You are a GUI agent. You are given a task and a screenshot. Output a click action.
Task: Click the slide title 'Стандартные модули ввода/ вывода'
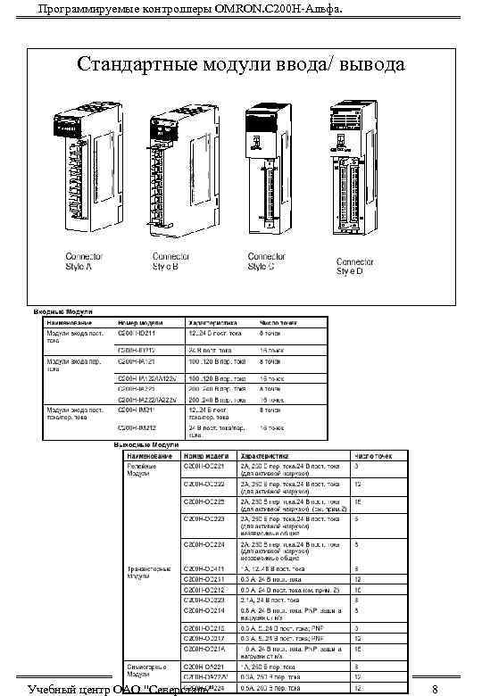click(x=241, y=65)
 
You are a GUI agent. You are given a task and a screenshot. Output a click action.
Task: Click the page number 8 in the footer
click(x=434, y=689)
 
